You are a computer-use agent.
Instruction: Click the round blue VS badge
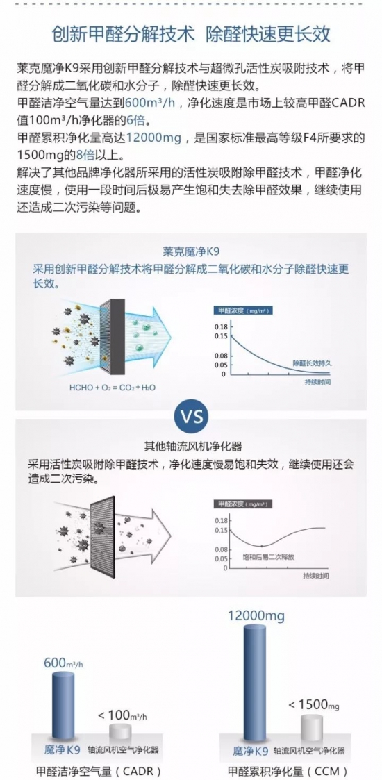(x=192, y=415)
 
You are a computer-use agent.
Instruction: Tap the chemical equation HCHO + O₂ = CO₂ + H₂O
(x=115, y=386)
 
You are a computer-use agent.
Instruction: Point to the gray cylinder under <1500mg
(x=313, y=727)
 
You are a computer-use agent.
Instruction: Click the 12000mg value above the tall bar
(x=256, y=616)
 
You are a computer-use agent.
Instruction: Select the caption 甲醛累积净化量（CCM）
(x=288, y=770)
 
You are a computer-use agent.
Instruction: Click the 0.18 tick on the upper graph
(x=219, y=326)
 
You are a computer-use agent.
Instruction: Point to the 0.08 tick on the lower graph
(x=220, y=549)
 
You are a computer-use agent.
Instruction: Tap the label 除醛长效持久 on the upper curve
(x=312, y=363)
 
